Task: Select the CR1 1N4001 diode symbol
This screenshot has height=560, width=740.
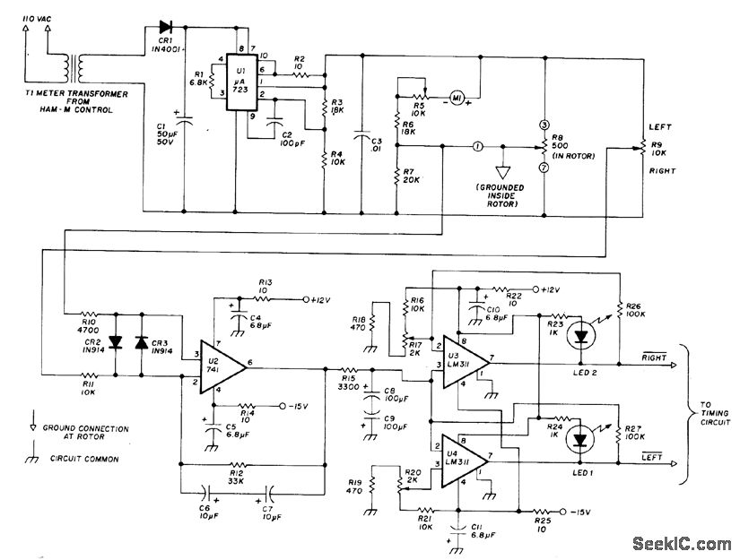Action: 165,28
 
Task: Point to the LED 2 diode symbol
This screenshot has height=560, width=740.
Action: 582,336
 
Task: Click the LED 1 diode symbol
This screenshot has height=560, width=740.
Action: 582,439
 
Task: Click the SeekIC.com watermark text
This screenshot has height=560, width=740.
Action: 681,544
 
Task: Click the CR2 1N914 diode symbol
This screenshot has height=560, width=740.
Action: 115,342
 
